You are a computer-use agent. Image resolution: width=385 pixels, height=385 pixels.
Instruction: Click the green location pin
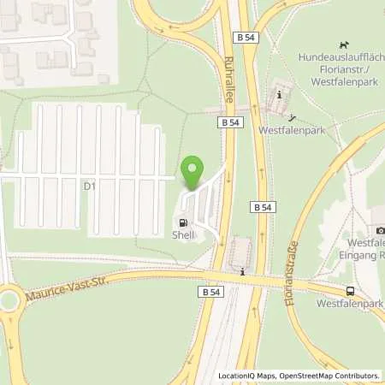(193, 171)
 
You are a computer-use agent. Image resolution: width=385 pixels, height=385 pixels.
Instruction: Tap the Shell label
(184, 235)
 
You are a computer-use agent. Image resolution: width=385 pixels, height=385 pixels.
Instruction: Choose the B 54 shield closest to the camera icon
(262, 206)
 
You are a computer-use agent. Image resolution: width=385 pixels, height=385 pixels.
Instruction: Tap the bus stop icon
(349, 291)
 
